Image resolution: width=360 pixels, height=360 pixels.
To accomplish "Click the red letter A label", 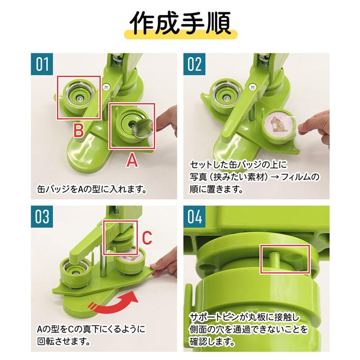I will pyautogui.click(x=133, y=161).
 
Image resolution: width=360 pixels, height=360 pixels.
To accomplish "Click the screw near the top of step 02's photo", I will pyautogui.click(x=254, y=85).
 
